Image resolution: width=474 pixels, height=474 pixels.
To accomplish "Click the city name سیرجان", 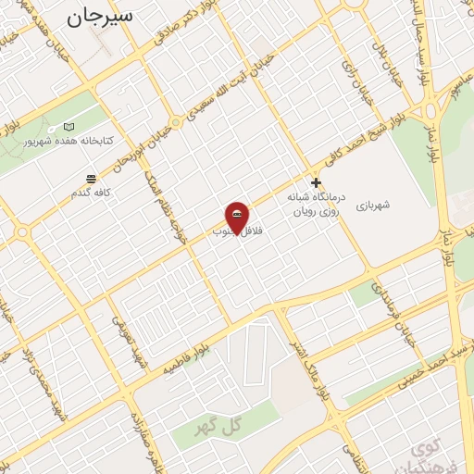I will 99,16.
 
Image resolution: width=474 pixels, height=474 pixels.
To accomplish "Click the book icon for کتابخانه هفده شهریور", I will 69,126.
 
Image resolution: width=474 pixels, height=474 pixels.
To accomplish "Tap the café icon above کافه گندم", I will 90,179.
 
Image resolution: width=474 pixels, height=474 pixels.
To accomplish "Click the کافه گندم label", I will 90,193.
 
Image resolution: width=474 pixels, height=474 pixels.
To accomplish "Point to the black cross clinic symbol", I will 317,183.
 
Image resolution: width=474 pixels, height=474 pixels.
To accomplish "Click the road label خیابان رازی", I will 351,65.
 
